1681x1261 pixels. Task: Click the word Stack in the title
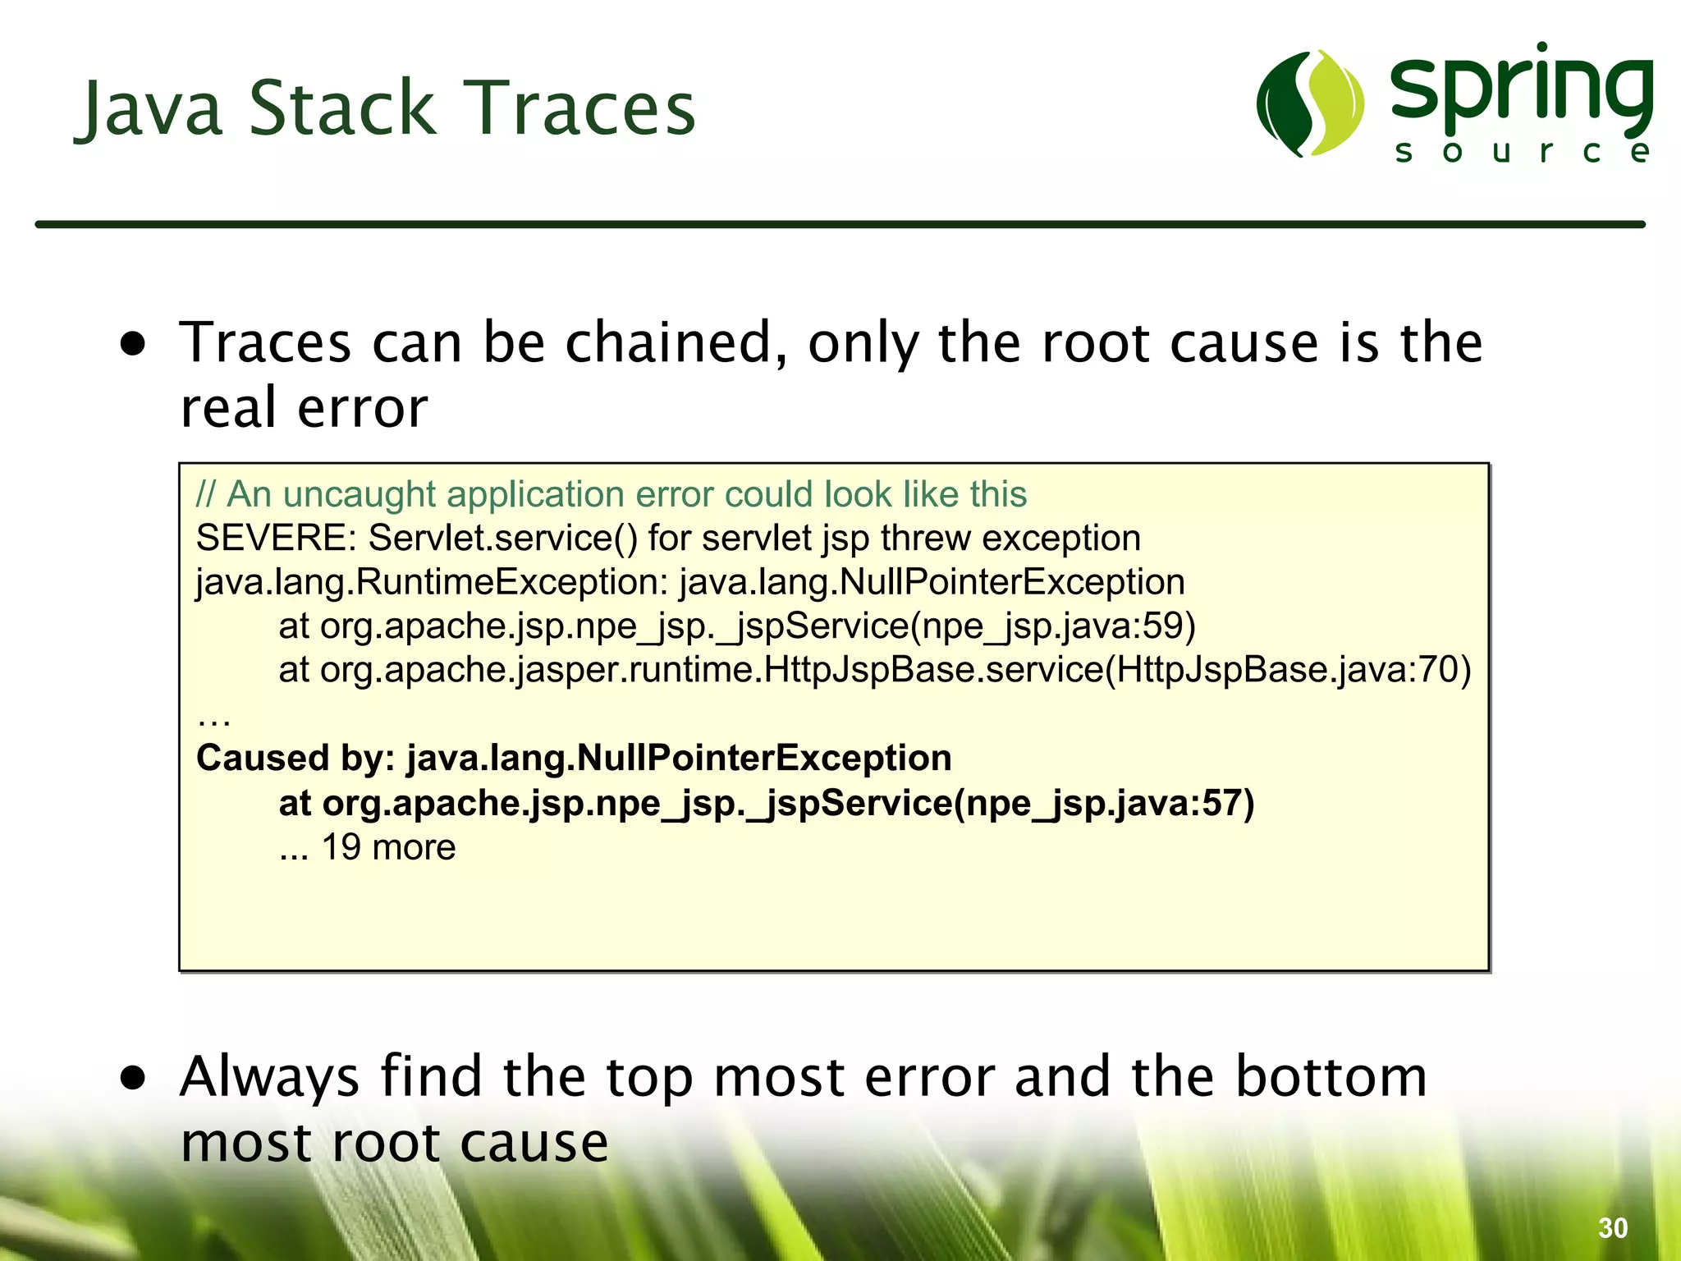tap(341, 108)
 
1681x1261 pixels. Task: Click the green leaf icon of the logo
tap(1310, 103)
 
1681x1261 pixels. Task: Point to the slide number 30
tap(1613, 1228)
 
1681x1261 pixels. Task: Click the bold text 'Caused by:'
tap(295, 758)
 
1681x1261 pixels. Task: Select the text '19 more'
tap(388, 847)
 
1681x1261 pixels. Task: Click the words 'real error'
tap(304, 408)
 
